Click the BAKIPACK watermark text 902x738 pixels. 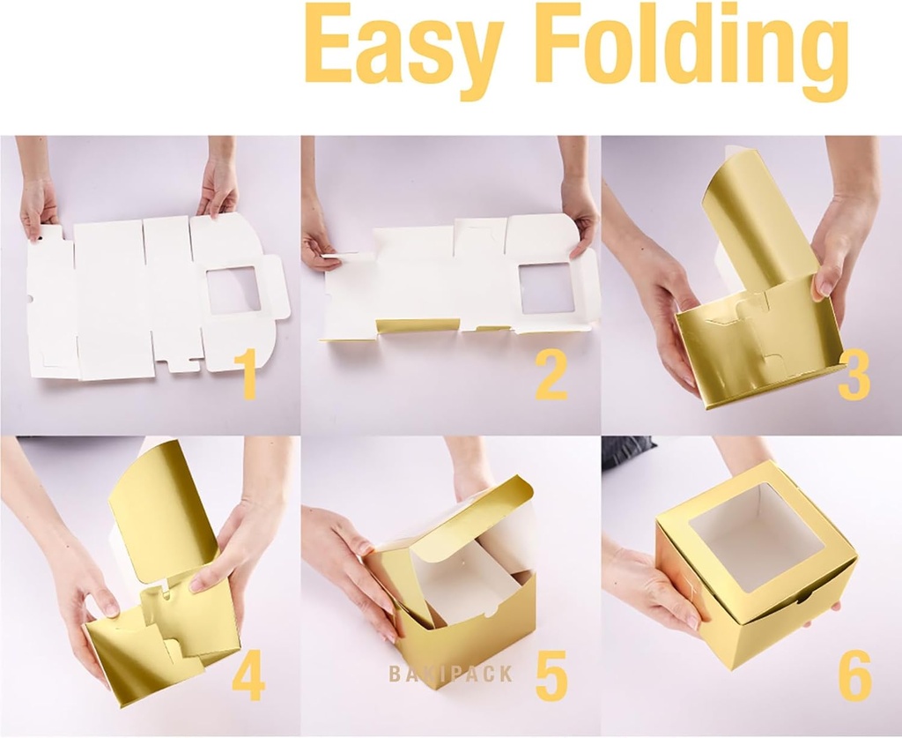click(x=450, y=675)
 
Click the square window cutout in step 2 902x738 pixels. click(x=547, y=288)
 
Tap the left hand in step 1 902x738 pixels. click(x=38, y=205)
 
